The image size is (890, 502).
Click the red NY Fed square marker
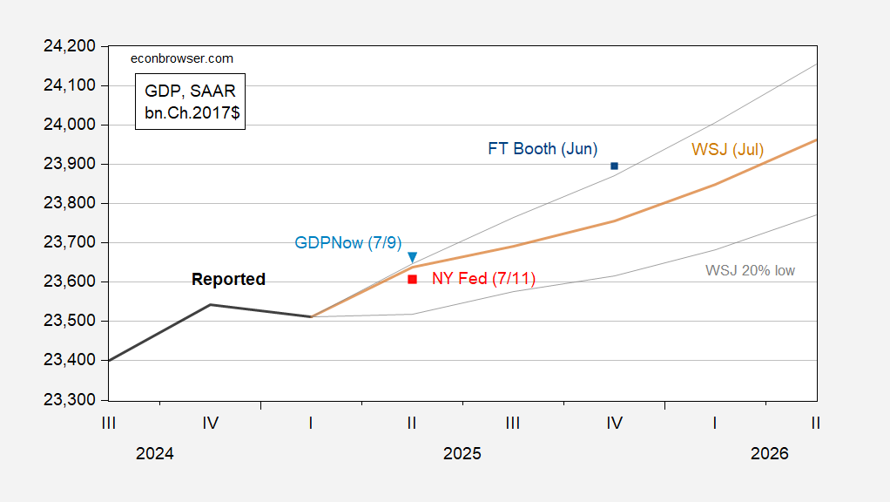point(412,279)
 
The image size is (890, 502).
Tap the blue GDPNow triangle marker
point(412,257)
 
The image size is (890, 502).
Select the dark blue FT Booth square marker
point(614,166)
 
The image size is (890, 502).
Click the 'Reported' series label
point(228,280)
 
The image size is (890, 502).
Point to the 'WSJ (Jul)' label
point(727,150)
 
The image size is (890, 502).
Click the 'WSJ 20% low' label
point(750,270)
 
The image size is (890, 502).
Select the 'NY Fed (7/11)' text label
point(483,279)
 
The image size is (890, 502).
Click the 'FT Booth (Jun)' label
point(542,149)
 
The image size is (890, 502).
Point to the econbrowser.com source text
point(182,58)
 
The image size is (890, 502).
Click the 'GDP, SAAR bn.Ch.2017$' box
point(190,101)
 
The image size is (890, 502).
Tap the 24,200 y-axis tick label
point(69,46)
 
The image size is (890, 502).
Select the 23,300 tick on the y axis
point(69,400)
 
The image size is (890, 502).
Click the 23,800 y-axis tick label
point(69,203)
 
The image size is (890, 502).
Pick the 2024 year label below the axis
point(155,454)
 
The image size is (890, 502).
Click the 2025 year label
point(462,454)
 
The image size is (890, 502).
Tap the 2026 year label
point(769,454)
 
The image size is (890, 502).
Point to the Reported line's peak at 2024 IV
point(210,304)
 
